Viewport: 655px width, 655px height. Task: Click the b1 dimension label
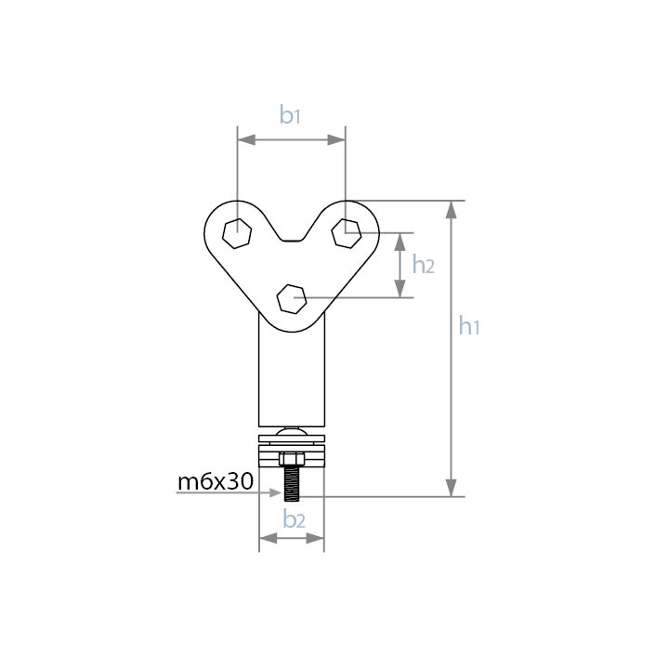pyautogui.click(x=290, y=115)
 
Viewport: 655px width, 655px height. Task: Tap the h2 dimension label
pyautogui.click(x=423, y=265)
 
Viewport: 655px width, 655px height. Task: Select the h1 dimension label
pyautogui.click(x=468, y=326)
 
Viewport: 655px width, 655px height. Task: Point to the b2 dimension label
pyautogui.click(x=295, y=519)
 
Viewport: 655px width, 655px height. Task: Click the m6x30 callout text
pyautogui.click(x=216, y=481)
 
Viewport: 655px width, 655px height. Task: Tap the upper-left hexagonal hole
pyautogui.click(x=237, y=233)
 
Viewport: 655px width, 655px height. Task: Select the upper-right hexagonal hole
pyautogui.click(x=347, y=233)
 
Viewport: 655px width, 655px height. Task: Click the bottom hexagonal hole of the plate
pyautogui.click(x=292, y=298)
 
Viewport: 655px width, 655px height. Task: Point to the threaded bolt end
pyautogui.click(x=292, y=484)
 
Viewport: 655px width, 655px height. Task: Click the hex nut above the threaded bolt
pyautogui.click(x=292, y=459)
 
